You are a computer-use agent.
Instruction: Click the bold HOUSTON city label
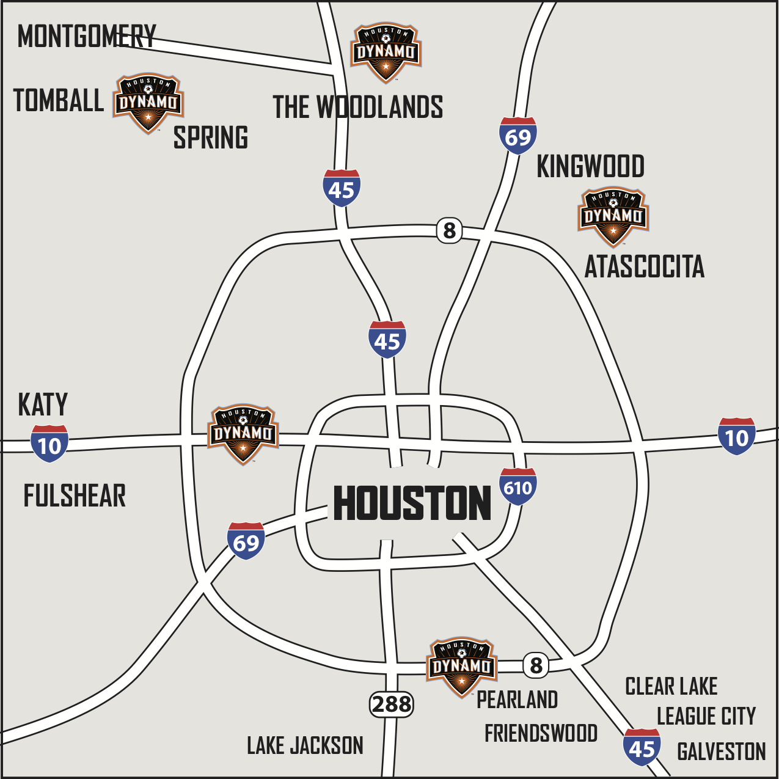pos(412,503)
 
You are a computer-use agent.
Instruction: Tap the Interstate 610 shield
pos(518,487)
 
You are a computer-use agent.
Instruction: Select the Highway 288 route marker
pos(391,704)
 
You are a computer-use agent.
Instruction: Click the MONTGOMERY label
pos(87,37)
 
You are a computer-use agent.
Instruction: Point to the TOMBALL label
pos(59,101)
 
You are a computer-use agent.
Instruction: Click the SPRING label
pos(211,137)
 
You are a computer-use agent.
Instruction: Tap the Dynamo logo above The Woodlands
pos(386,53)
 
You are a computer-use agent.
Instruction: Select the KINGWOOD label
pos(590,167)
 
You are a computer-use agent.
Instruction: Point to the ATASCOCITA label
pos(645,267)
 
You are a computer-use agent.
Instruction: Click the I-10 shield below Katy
pos(49,444)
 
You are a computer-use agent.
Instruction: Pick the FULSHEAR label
pos(75,496)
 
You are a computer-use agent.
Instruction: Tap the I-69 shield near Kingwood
pos(518,136)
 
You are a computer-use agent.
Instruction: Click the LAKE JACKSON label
pos(305,745)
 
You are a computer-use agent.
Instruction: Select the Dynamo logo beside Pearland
pos(461,667)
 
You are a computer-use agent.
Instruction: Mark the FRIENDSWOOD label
pos(541,733)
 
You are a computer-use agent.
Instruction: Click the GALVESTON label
pos(722,752)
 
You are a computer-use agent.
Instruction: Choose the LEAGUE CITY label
pos(706,716)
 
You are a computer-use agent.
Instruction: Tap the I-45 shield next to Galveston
pos(642,747)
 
